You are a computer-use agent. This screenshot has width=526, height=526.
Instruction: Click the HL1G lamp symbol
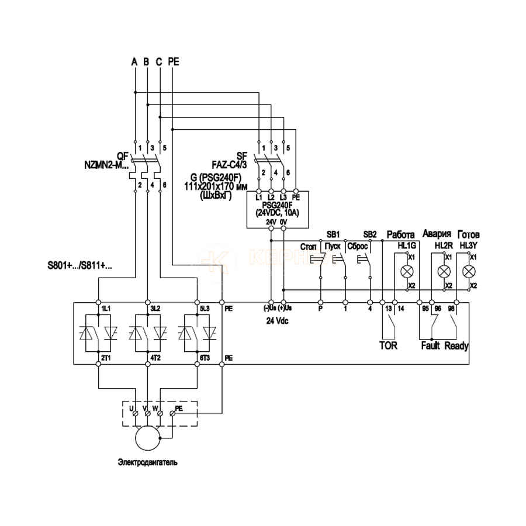407,272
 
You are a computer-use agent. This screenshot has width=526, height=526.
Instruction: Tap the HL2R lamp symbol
444,272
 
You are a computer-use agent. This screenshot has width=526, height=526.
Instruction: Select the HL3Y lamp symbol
468,272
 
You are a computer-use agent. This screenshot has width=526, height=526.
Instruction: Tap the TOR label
388,345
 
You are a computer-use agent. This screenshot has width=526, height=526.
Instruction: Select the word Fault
431,345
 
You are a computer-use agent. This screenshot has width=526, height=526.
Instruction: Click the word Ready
456,345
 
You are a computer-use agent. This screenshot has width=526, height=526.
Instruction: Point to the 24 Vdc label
276,321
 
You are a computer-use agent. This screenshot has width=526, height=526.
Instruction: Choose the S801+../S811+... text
81,265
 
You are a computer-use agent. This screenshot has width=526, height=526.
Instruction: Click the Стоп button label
308,247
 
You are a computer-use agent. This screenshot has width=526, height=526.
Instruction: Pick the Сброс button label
357,247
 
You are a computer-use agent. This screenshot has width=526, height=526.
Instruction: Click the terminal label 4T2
155,357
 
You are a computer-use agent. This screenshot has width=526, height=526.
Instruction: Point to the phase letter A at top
134,61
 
